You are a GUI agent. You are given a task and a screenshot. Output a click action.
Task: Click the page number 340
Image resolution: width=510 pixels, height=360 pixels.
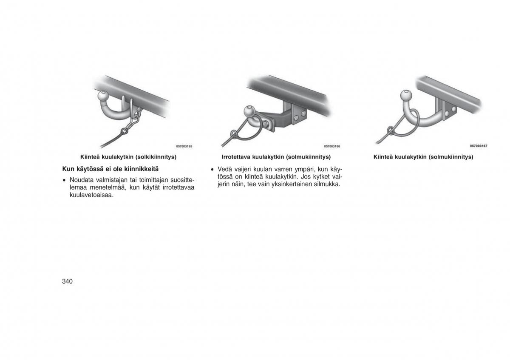coord(67,281)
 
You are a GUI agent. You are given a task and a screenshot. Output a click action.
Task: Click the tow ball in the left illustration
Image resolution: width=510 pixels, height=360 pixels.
coord(103,96)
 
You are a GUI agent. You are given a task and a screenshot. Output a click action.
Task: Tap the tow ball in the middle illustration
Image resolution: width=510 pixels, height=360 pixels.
coord(250,111)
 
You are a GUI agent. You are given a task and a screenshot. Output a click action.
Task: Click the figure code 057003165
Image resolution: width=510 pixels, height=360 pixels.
coord(184,146)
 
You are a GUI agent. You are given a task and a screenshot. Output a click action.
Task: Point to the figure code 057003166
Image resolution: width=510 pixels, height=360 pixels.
coord(332,146)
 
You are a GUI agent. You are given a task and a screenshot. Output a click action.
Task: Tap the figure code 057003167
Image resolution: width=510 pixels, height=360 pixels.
coord(479,146)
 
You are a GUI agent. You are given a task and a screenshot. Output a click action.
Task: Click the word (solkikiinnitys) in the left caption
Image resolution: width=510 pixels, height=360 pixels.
coord(156,157)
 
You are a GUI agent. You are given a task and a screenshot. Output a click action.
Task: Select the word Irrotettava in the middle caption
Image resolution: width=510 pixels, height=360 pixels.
coord(236,157)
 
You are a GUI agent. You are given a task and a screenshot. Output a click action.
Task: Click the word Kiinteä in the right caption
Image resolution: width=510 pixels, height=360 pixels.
coord(383,157)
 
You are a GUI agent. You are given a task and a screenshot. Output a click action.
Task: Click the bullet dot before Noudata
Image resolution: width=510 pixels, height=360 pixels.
coord(65,180)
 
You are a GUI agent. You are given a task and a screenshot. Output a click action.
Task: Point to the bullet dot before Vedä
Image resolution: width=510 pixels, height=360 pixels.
coord(212,170)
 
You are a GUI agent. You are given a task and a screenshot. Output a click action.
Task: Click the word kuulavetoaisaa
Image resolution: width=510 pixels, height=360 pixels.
coord(91,195)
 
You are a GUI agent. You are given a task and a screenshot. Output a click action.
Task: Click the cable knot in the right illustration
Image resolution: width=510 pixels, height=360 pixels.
coord(390,131)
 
